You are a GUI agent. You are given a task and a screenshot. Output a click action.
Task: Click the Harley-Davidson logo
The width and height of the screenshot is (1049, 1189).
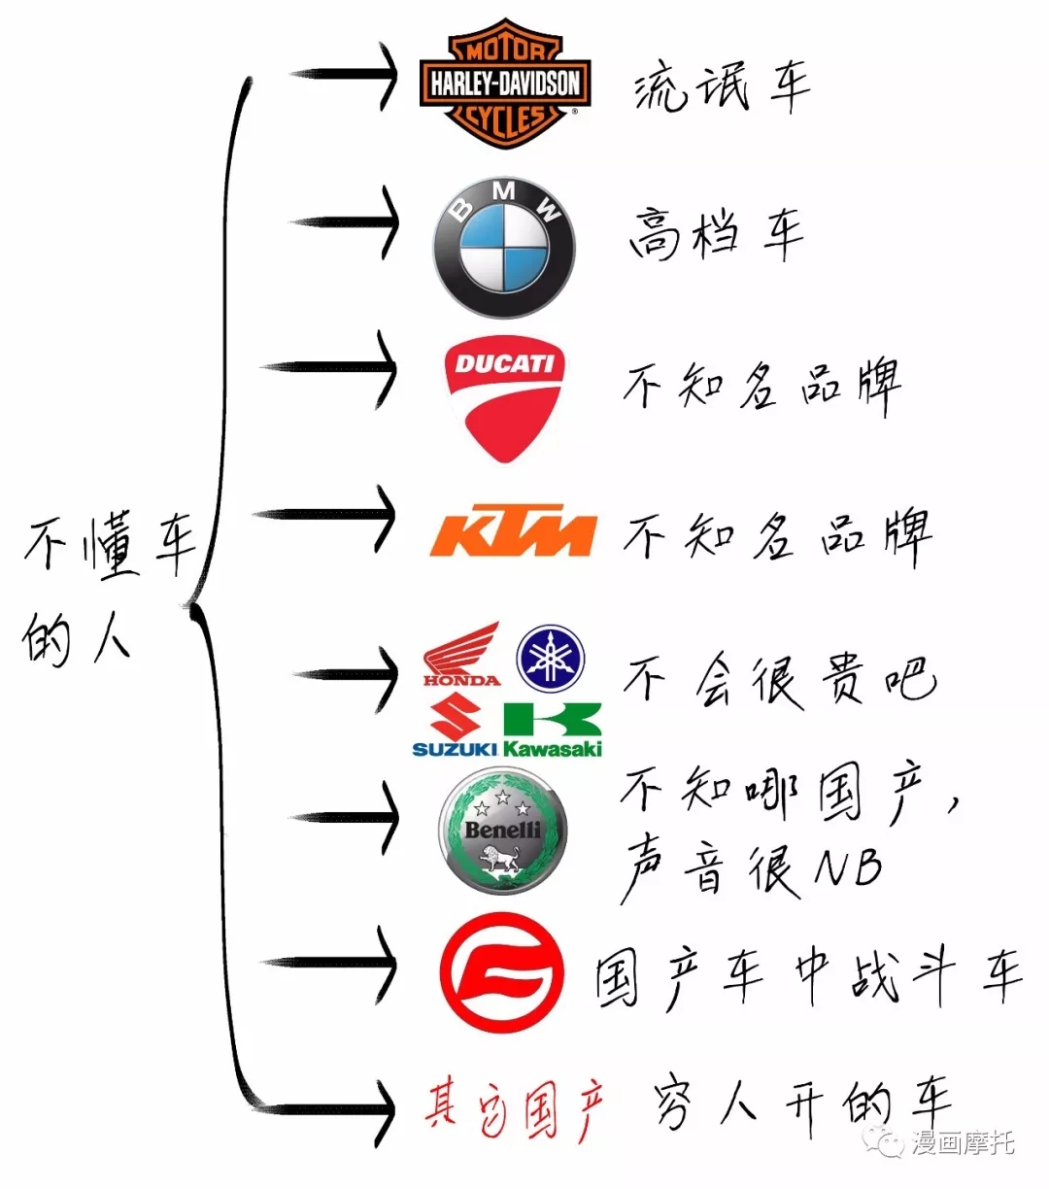click(x=505, y=84)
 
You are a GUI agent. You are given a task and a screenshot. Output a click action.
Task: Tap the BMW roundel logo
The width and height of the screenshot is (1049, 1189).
click(x=504, y=248)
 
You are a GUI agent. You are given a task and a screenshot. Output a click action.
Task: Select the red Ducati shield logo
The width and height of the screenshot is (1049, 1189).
click(x=504, y=399)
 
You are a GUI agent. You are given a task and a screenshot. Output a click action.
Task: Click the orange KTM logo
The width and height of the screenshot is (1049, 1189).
click(x=514, y=530)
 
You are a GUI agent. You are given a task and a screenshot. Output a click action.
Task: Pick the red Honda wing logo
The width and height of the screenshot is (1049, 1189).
click(x=462, y=654)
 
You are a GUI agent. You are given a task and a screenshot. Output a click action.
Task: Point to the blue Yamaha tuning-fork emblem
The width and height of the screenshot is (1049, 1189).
click(x=551, y=659)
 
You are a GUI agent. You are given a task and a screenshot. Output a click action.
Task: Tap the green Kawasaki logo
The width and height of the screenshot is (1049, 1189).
click(x=553, y=730)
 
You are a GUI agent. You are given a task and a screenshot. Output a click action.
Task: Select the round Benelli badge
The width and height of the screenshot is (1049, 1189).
click(x=502, y=831)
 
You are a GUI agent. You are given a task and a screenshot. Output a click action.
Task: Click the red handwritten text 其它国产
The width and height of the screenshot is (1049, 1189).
click(x=514, y=1111)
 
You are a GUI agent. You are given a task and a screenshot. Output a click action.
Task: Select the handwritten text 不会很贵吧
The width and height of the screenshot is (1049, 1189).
click(x=780, y=681)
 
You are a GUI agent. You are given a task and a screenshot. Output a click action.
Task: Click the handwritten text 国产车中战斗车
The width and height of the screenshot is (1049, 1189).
click(x=808, y=976)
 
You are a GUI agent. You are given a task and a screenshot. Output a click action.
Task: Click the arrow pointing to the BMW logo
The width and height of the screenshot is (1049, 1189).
click(x=345, y=222)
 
